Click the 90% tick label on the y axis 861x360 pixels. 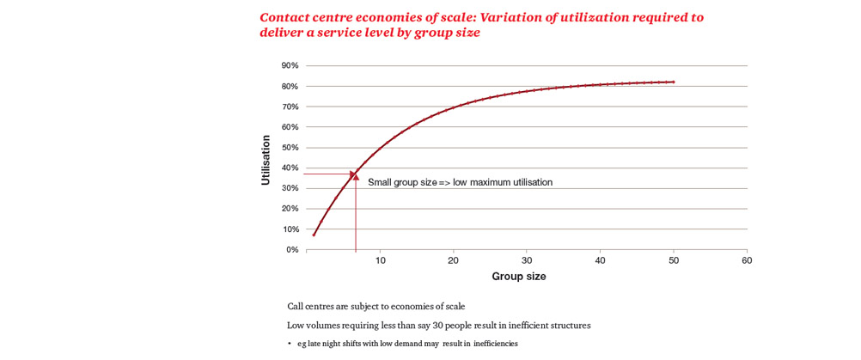[290, 66]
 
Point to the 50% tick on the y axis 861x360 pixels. [290, 148]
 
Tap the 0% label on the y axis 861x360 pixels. [292, 250]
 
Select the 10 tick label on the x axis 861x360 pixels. [380, 260]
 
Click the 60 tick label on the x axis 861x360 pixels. [747, 260]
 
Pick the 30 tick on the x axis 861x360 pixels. [527, 260]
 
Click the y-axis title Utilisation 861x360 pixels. [266, 160]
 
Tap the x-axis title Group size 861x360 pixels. [518, 277]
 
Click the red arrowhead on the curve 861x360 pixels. [354, 175]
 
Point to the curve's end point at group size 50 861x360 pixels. [674, 82]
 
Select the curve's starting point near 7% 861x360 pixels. [314, 235]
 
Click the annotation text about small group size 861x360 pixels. [460, 182]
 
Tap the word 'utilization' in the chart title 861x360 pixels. [587, 17]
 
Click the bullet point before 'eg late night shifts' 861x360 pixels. [290, 345]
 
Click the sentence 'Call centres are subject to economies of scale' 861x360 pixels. [376, 307]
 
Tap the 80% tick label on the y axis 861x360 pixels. [290, 87]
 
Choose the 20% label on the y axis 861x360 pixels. [290, 209]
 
